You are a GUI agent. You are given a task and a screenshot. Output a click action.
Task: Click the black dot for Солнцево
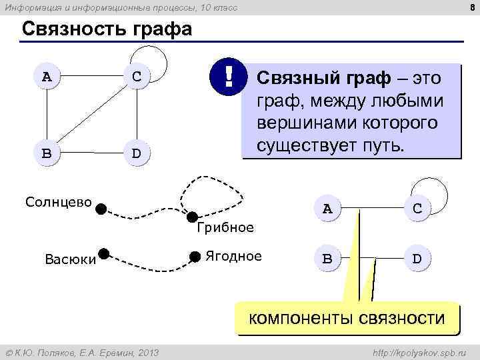click(x=100, y=208)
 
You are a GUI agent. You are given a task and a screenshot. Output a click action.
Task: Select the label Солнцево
click(x=58, y=201)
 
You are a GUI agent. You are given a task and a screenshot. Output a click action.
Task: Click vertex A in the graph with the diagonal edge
click(x=46, y=75)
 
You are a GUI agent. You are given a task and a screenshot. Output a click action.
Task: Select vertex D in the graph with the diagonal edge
click(x=136, y=153)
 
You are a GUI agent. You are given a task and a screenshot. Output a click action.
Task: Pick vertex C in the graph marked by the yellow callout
click(x=417, y=208)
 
